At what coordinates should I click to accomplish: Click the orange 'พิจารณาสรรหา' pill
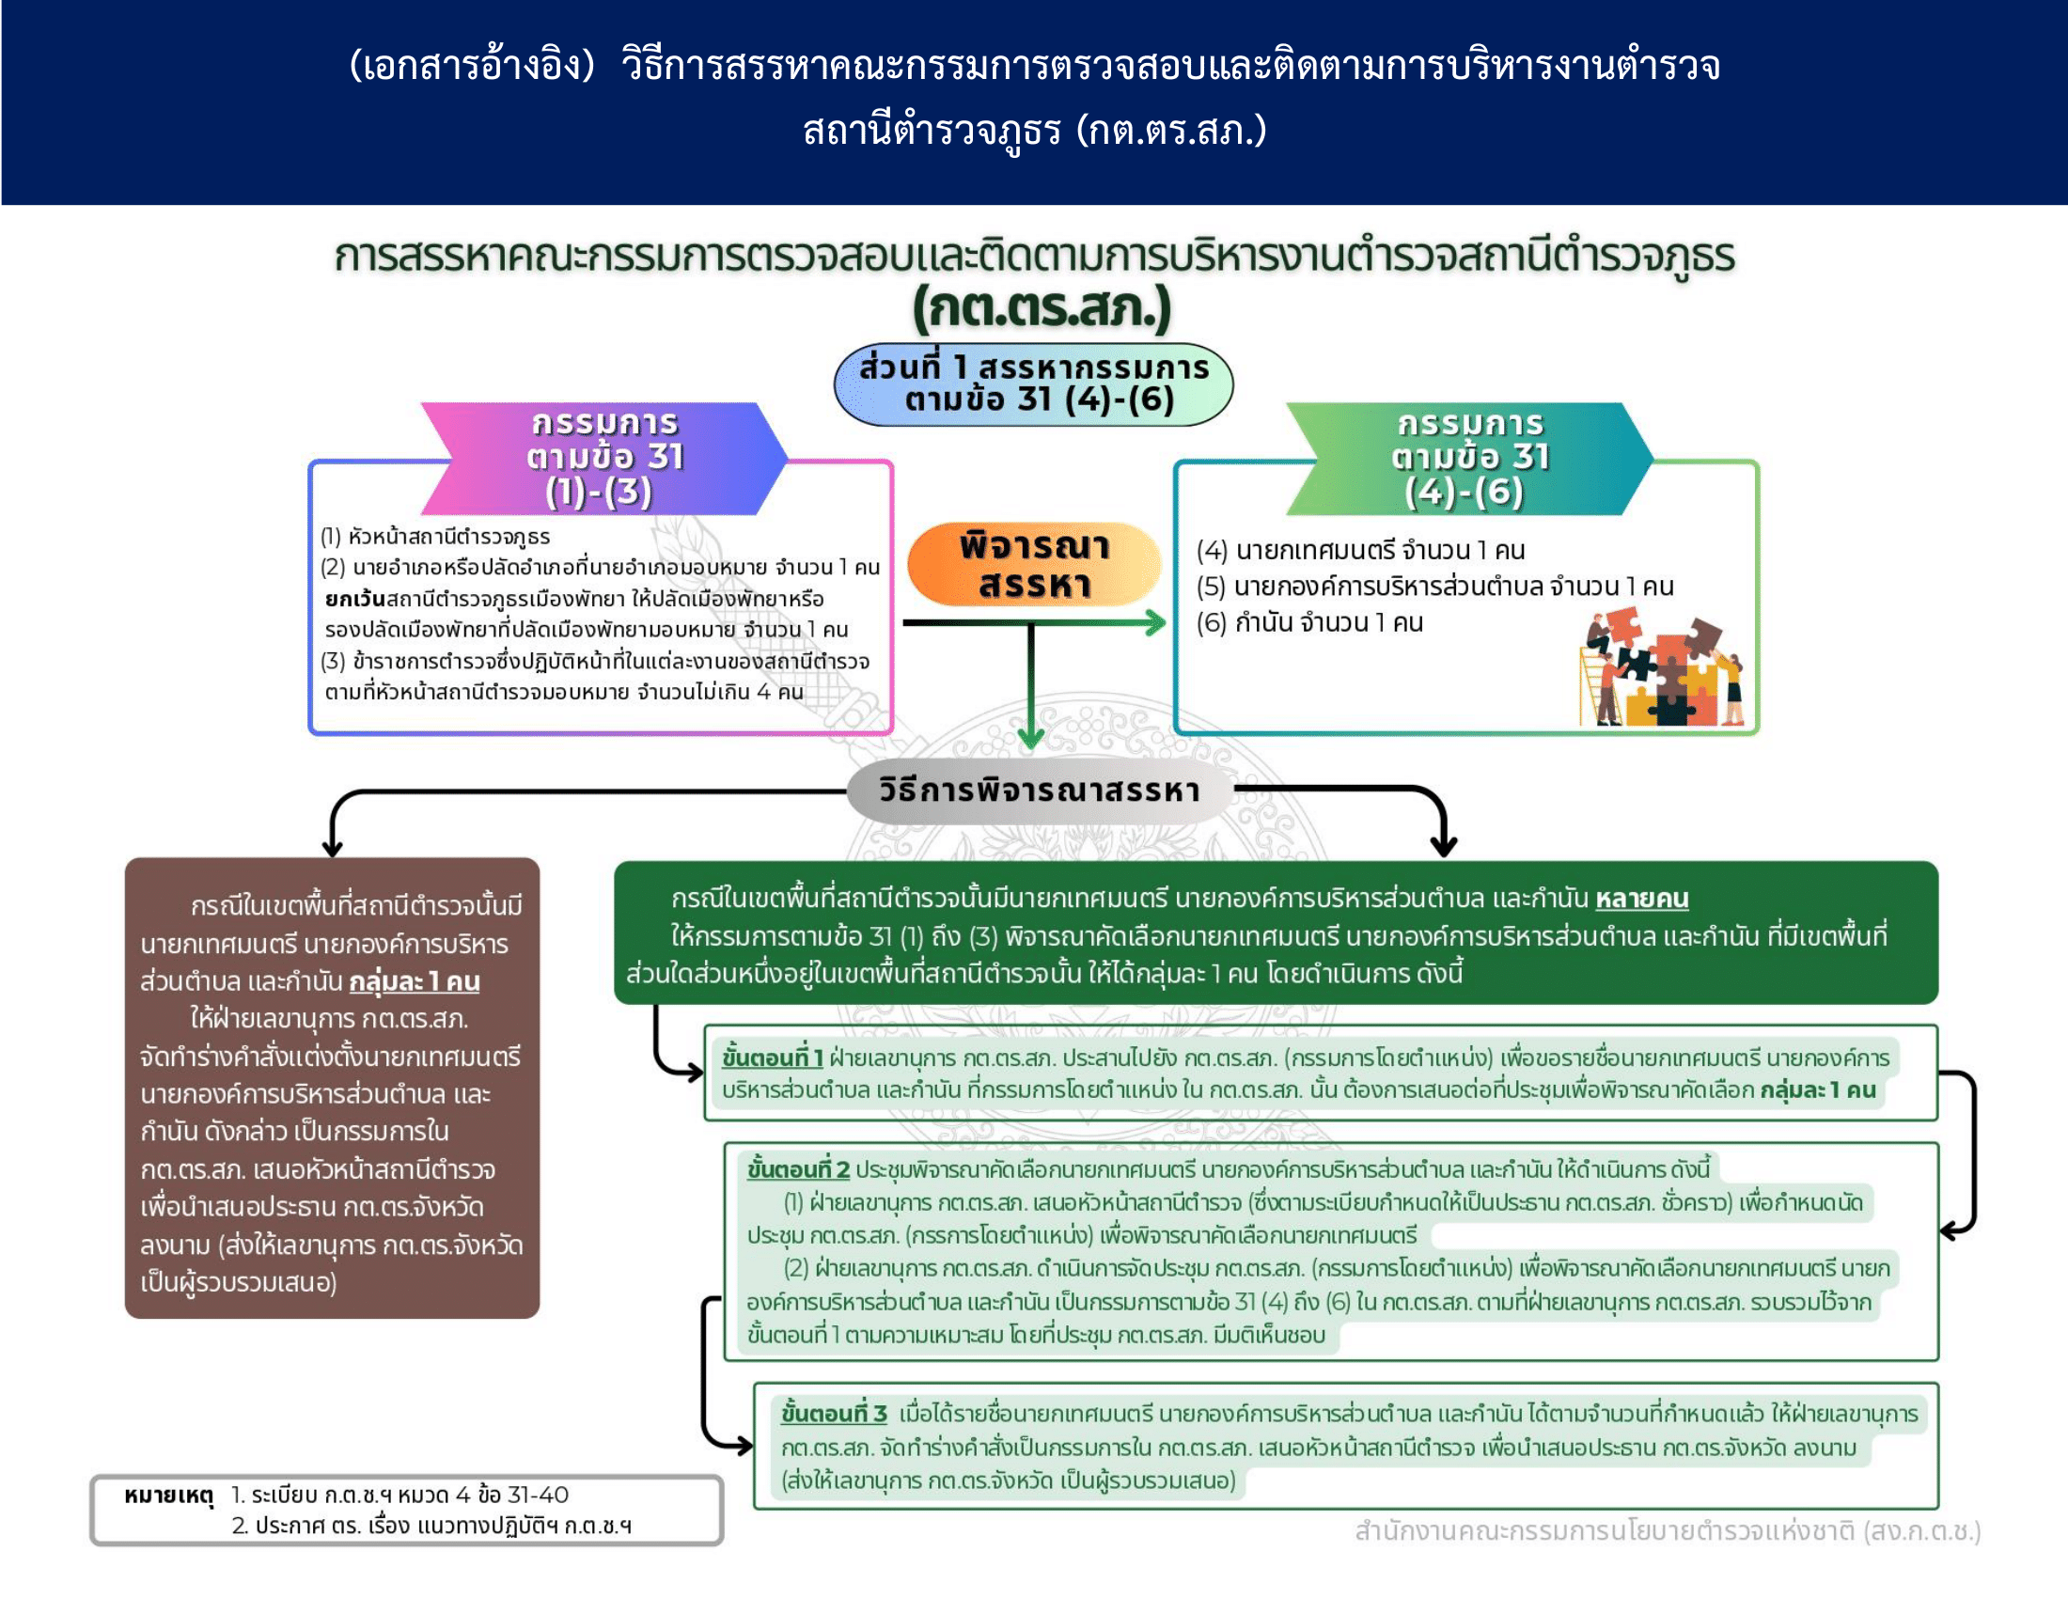click(x=1033, y=565)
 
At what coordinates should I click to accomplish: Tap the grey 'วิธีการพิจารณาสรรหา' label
click(x=1039, y=790)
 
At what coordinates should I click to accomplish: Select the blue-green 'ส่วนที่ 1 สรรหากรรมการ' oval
click(x=1033, y=384)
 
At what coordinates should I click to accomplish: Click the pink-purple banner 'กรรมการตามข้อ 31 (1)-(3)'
click(x=603, y=458)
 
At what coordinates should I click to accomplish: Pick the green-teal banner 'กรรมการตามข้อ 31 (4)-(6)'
click(x=1468, y=458)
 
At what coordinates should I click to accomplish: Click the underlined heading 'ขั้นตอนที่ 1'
click(x=772, y=1057)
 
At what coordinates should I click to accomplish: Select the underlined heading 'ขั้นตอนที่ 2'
click(x=797, y=1169)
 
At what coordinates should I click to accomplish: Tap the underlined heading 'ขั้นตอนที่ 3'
click(x=833, y=1414)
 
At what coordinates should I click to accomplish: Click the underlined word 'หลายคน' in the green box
click(x=1641, y=898)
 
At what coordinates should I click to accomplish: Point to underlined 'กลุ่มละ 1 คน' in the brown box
click(x=414, y=981)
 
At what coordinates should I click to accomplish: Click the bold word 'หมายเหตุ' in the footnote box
click(x=168, y=1496)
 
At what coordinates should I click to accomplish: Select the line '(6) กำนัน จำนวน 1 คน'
click(x=1309, y=623)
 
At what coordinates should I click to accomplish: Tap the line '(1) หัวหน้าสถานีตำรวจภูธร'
click(x=434, y=537)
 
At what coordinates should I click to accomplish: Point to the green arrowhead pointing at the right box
click(x=1156, y=622)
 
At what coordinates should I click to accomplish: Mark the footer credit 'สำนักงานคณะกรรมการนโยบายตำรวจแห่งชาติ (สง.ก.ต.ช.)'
click(x=1667, y=1530)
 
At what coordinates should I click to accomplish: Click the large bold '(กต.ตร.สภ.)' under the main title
click(x=1042, y=307)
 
